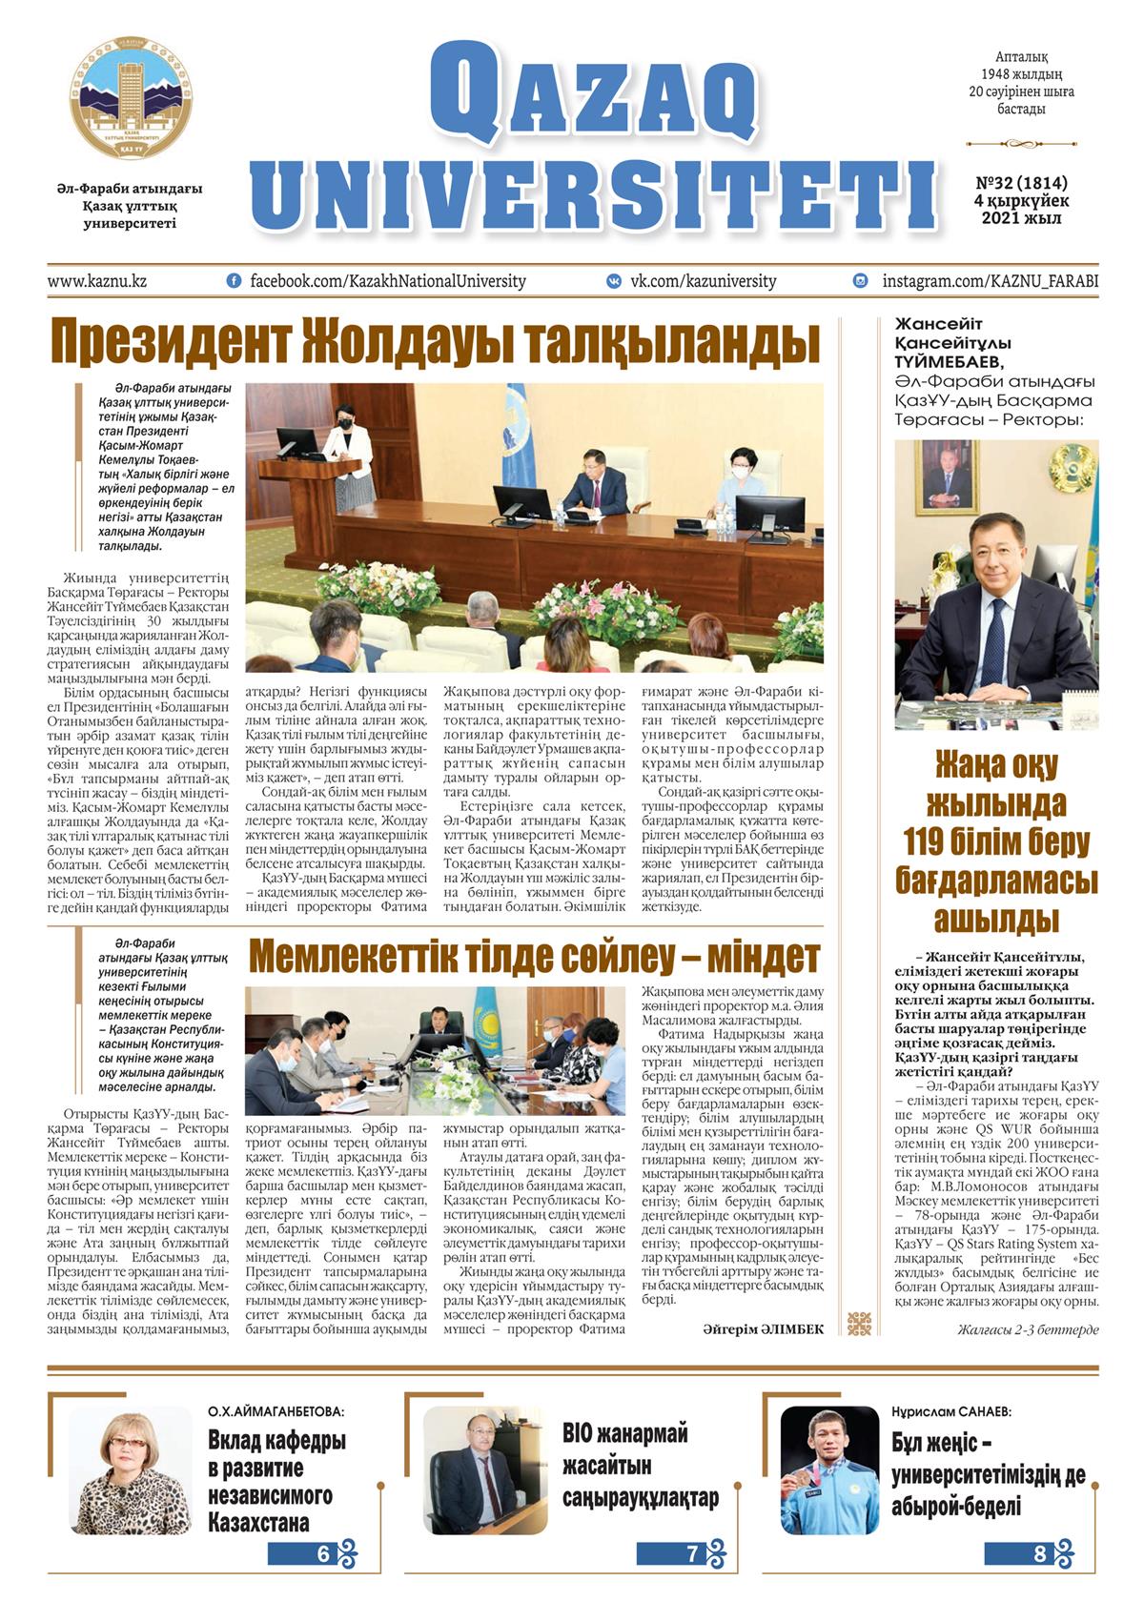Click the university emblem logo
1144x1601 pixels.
[x=128, y=99]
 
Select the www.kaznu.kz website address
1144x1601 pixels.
[x=97, y=281]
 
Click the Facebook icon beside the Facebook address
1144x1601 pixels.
[x=234, y=281]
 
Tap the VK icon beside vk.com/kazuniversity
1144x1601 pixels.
[x=615, y=281]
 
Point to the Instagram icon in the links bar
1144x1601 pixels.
[x=861, y=281]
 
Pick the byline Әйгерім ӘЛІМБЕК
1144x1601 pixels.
[x=763, y=1329]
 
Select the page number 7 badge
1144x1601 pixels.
[x=692, y=1555]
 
